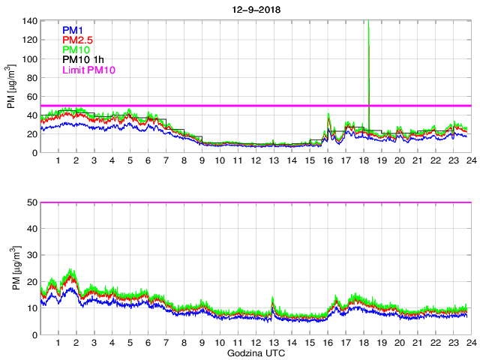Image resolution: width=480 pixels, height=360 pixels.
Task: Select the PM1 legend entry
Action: point(73,30)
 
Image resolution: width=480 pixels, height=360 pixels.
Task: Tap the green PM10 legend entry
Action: point(76,49)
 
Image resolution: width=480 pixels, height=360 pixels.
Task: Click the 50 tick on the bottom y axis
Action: point(33,202)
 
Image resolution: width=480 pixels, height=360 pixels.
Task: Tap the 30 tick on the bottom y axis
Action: point(33,255)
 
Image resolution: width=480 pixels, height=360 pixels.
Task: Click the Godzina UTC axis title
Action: point(254,352)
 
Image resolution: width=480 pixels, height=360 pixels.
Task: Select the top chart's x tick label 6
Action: point(148,161)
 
